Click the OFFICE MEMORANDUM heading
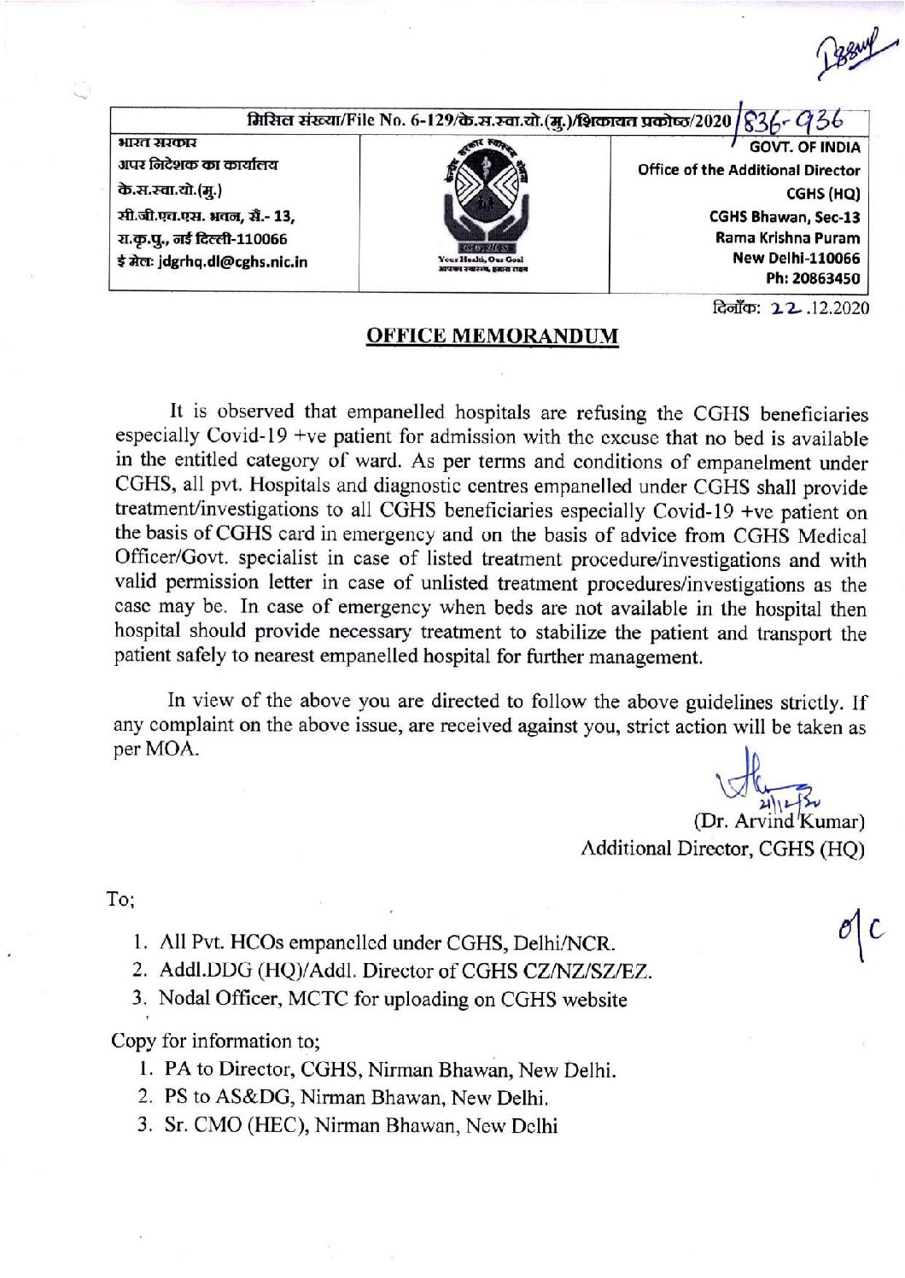pos(492,336)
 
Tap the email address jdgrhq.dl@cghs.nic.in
pos(213,261)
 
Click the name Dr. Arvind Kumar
pos(780,822)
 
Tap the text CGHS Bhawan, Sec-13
pos(785,218)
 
